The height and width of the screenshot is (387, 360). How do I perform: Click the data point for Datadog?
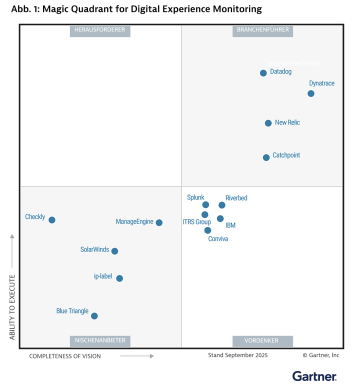pyautogui.click(x=263, y=73)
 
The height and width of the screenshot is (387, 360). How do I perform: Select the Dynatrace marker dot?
pyautogui.click(x=311, y=93)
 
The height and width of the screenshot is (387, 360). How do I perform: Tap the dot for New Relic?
pyautogui.click(x=268, y=123)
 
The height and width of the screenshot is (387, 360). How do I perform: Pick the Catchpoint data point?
pyautogui.click(x=266, y=157)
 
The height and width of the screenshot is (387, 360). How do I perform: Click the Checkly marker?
pyautogui.click(x=52, y=220)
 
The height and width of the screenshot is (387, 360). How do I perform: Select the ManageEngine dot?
pyautogui.click(x=159, y=223)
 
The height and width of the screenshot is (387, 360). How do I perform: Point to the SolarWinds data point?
pyautogui.click(x=115, y=251)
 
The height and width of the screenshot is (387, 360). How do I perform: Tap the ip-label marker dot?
pyautogui.click(x=120, y=279)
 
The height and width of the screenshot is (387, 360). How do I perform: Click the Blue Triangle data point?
pyautogui.click(x=94, y=315)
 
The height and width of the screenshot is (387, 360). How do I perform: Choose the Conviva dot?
pyautogui.click(x=208, y=230)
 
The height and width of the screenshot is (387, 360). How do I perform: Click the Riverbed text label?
pyautogui.click(x=236, y=198)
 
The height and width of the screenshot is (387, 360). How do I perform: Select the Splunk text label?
pyautogui.click(x=196, y=198)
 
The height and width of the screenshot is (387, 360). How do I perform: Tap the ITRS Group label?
pyautogui.click(x=196, y=221)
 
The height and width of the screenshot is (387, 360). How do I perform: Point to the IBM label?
pyautogui.click(x=231, y=225)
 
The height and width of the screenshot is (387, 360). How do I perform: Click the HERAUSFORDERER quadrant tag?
pyautogui.click(x=100, y=31)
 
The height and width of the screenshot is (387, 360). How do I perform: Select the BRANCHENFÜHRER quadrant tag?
pyautogui.click(x=261, y=31)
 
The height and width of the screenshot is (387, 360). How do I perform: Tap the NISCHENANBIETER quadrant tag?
pyautogui.click(x=100, y=341)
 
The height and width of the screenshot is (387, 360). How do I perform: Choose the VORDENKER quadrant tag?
pyautogui.click(x=261, y=341)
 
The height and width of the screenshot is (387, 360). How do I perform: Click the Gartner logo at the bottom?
pyautogui.click(x=315, y=375)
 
